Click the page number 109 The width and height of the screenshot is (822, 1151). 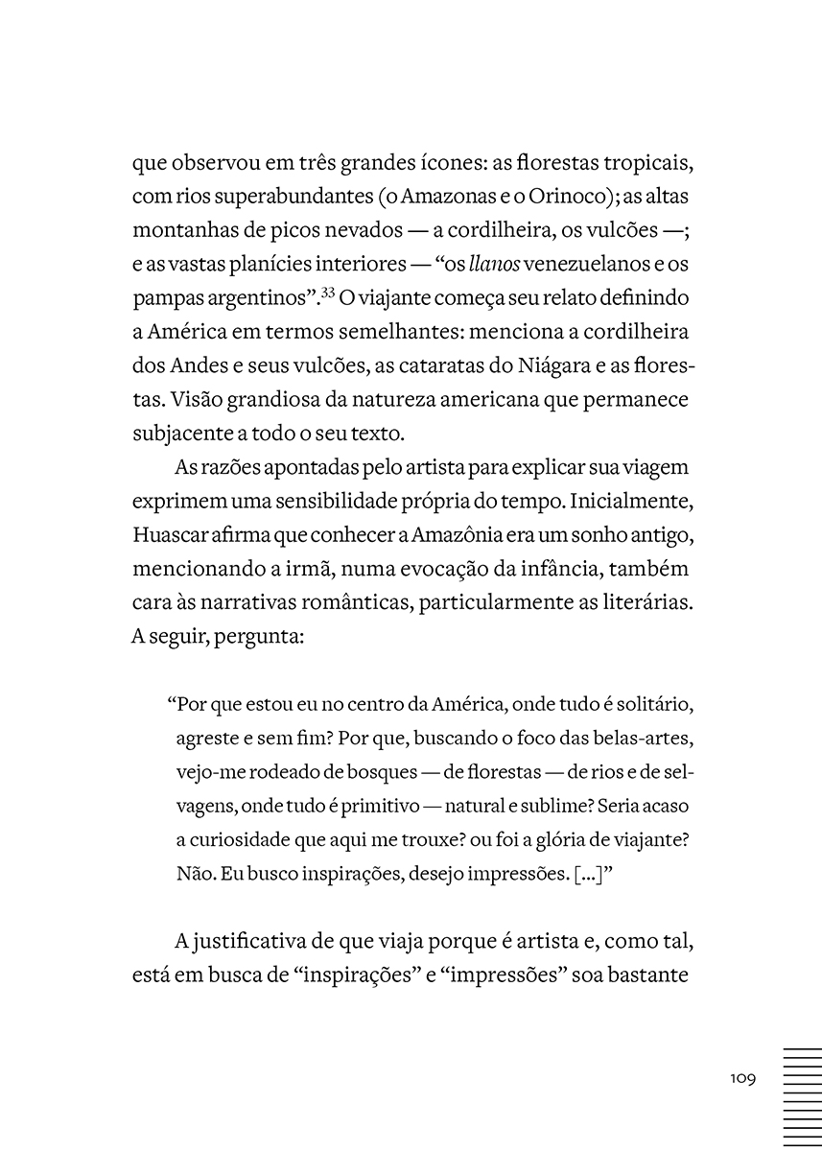pyautogui.click(x=742, y=1078)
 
